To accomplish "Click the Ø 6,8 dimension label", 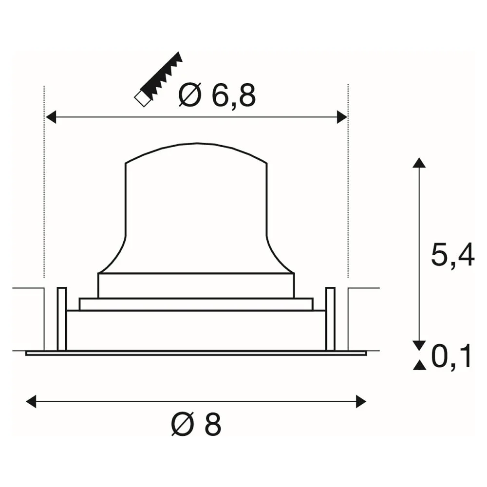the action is pyautogui.click(x=217, y=95).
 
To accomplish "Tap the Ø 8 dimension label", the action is pyautogui.click(x=196, y=424).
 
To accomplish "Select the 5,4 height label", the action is pyautogui.click(x=452, y=255).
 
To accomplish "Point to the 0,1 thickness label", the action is pyautogui.click(x=451, y=356).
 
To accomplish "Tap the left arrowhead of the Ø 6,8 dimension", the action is pyautogui.click(x=51, y=117).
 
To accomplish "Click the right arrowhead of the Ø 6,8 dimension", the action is pyautogui.click(x=342, y=117).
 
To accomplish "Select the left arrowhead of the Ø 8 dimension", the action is pyautogui.click(x=31, y=402).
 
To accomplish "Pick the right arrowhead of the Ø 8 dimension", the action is pyautogui.click(x=361, y=402).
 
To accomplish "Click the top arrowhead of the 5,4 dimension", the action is pyautogui.click(x=419, y=163).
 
